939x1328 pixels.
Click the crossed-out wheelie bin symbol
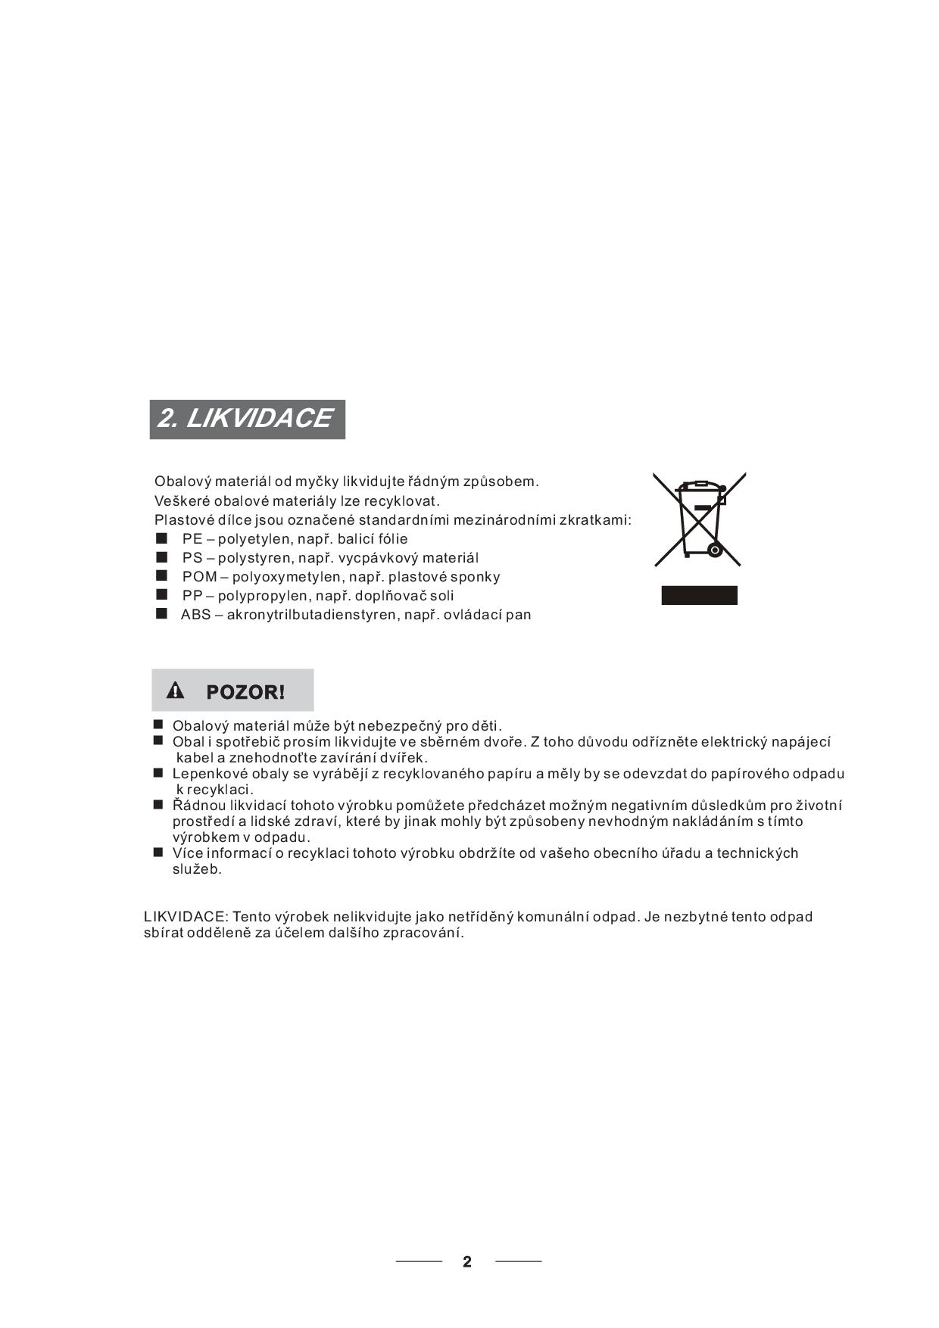coord(700,519)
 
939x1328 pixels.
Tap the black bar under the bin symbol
coord(699,595)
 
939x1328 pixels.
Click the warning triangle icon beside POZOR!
coord(176,690)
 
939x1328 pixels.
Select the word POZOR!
coord(245,692)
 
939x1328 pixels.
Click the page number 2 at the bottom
coord(467,1261)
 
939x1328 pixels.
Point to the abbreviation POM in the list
coord(199,577)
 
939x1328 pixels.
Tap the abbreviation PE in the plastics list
coord(192,539)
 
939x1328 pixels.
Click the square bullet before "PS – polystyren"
coord(161,557)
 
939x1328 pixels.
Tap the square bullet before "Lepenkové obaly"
coord(158,773)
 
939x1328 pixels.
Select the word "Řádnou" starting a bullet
coord(195,806)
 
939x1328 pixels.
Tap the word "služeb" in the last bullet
coord(196,869)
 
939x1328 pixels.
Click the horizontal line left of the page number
coord(419,1261)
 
